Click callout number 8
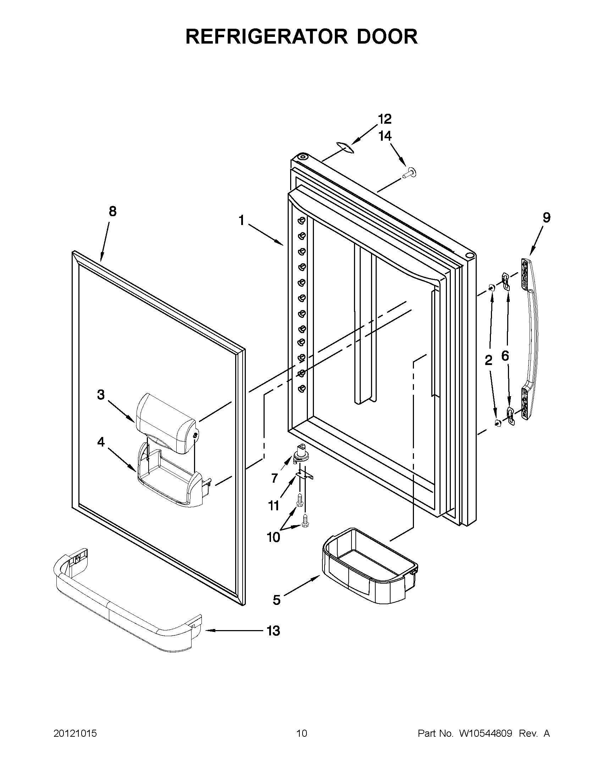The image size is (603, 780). tap(112, 212)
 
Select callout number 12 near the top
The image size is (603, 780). tap(385, 119)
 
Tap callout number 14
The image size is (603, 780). tap(385, 136)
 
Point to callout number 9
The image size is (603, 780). tap(546, 218)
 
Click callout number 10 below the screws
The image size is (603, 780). tap(273, 537)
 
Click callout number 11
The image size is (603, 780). tap(274, 506)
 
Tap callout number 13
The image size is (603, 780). tap(274, 631)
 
